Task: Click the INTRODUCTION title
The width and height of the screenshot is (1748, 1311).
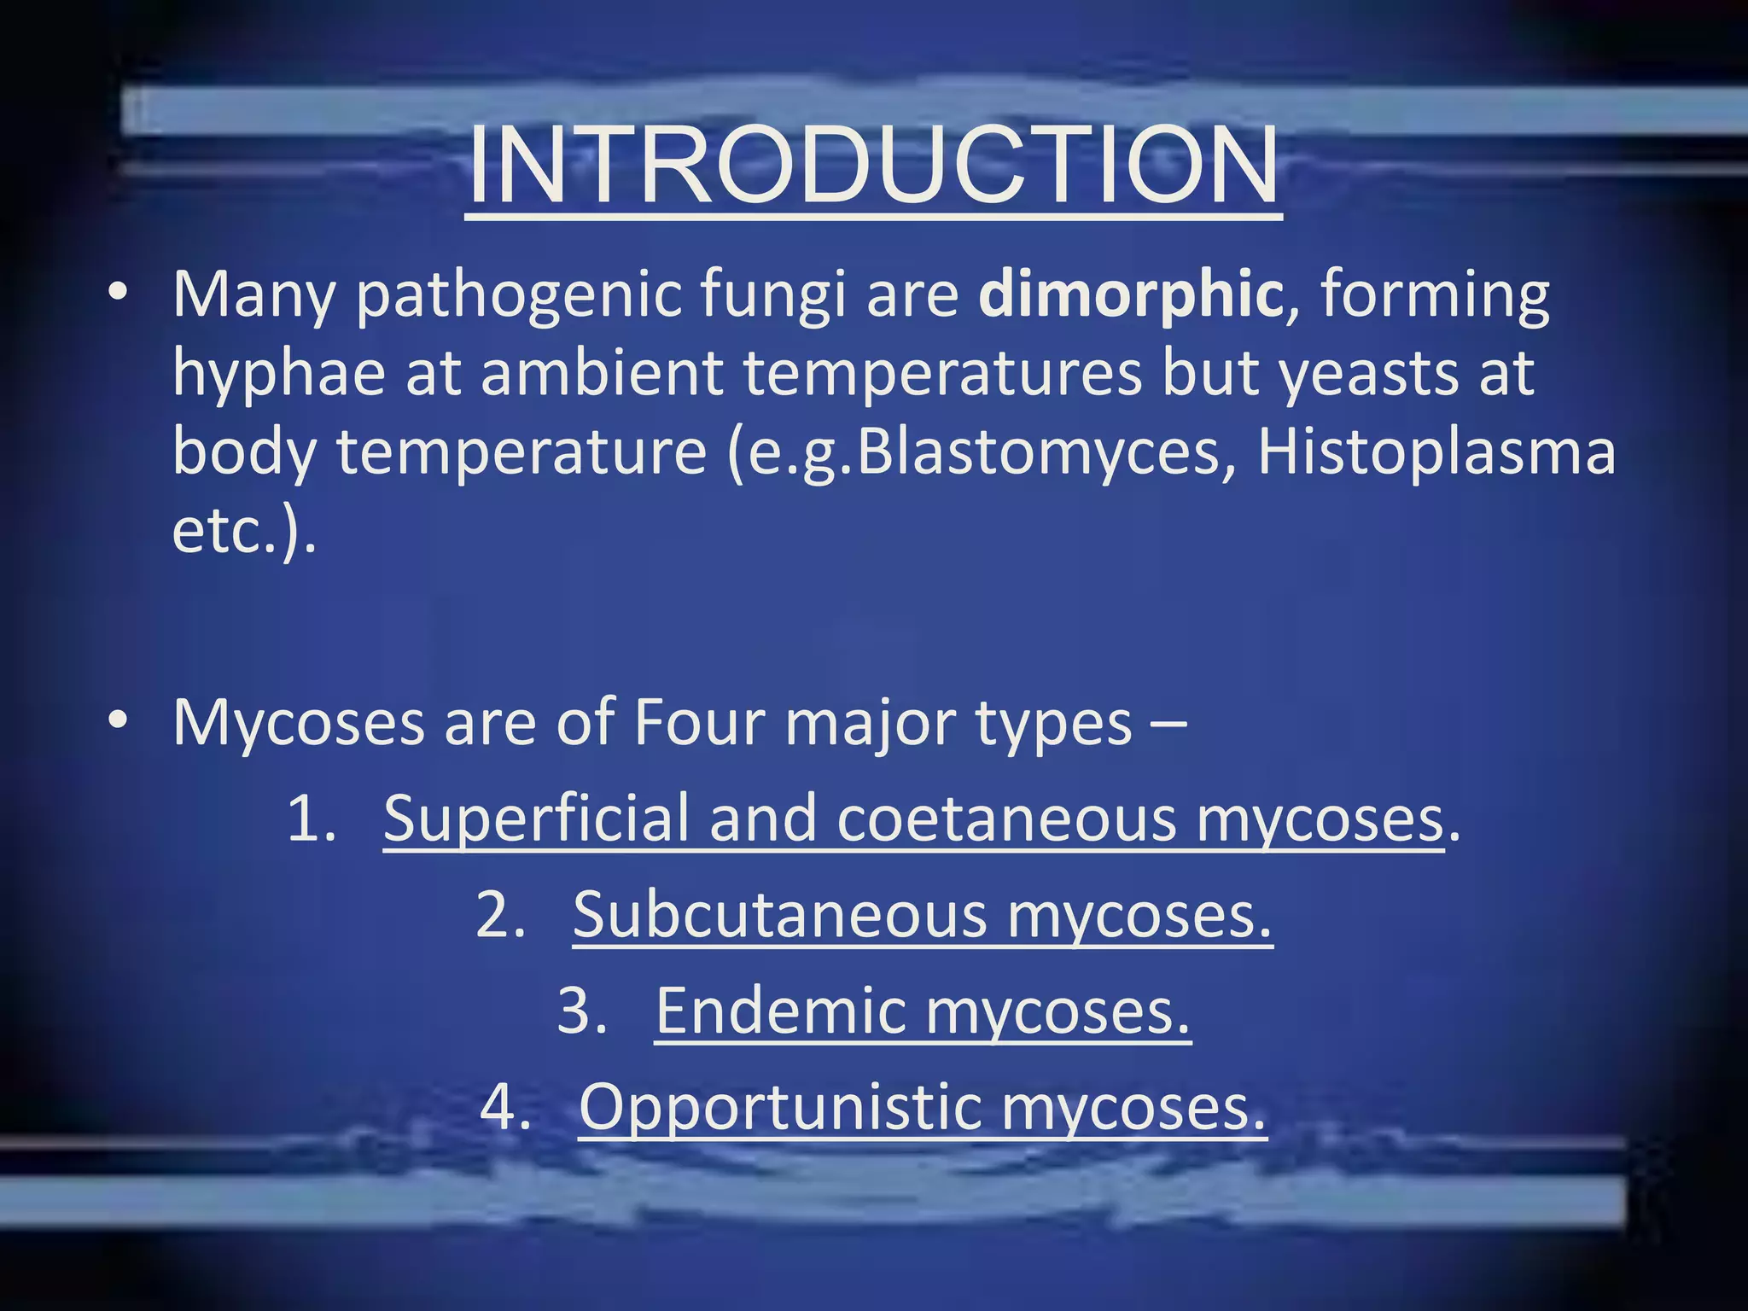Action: [873, 166]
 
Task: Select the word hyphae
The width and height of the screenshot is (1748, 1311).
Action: [278, 376]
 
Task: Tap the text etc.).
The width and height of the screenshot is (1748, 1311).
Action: [244, 531]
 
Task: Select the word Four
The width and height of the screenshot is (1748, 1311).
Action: [699, 723]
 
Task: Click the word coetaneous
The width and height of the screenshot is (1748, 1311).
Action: [1006, 819]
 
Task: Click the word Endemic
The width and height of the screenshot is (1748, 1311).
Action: [781, 1011]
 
